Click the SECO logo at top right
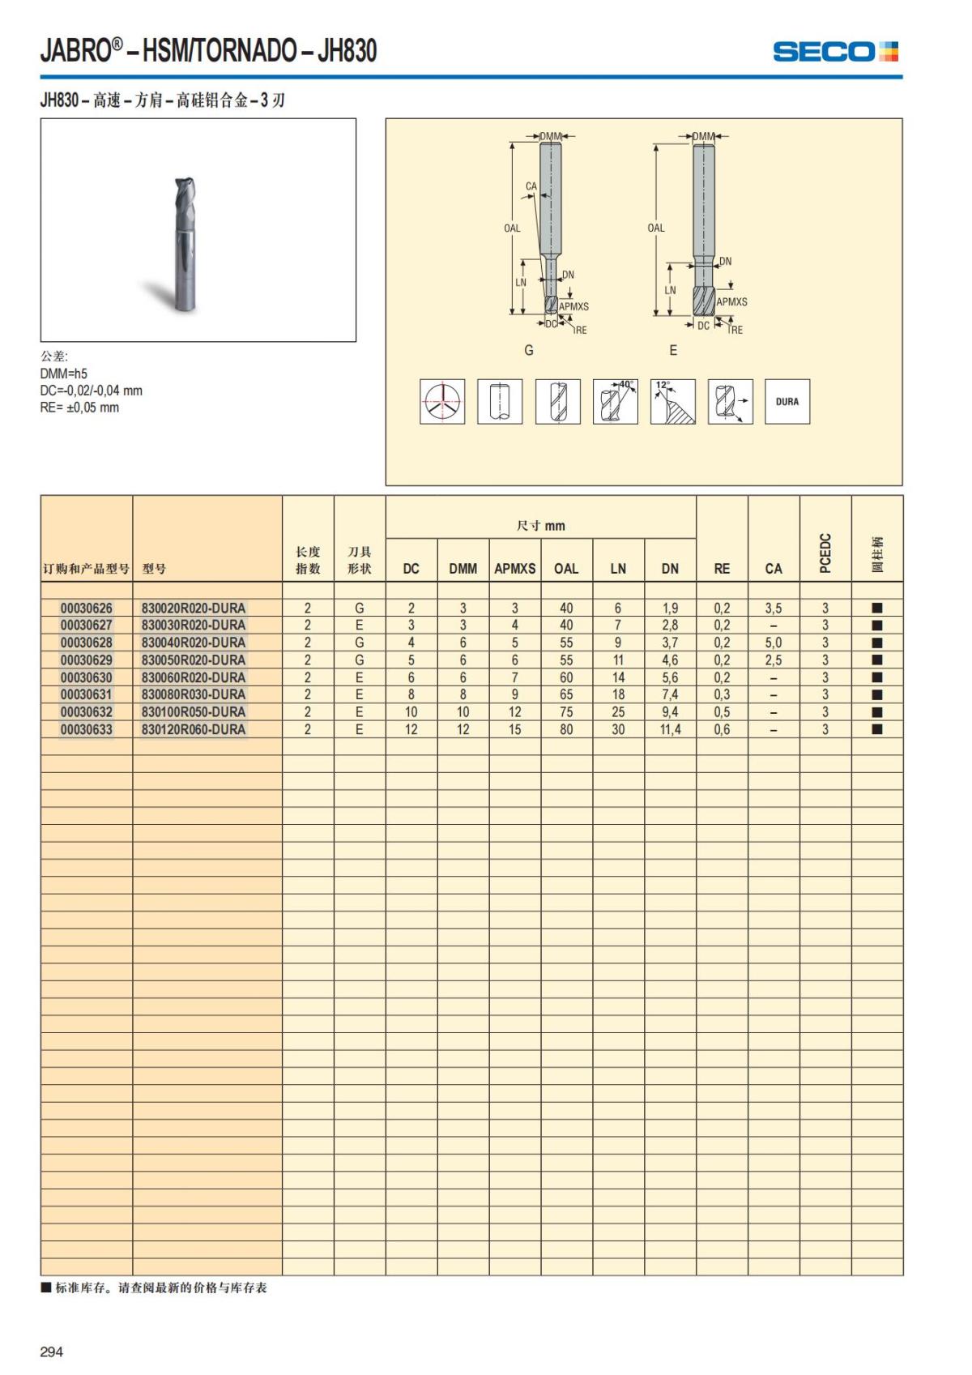click(x=835, y=52)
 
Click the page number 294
click(x=52, y=1352)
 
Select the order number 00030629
click(x=87, y=660)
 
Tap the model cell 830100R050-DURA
click(x=194, y=711)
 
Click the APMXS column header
click(x=514, y=568)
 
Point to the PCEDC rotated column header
click(x=825, y=553)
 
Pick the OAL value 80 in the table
click(x=566, y=729)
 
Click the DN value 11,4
click(x=670, y=729)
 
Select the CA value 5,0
click(x=774, y=643)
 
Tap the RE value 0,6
click(x=722, y=729)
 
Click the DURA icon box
click(x=787, y=401)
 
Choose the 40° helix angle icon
click(x=615, y=401)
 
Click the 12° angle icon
click(x=672, y=401)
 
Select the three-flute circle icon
click(x=442, y=401)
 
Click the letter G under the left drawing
click(x=529, y=350)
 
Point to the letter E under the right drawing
click(x=673, y=350)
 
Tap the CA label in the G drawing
click(x=531, y=186)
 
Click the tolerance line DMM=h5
click(x=64, y=374)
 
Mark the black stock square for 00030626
click(x=877, y=608)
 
